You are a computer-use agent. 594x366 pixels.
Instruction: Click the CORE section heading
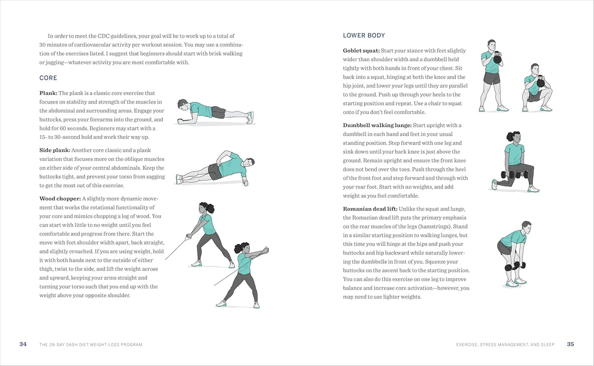(48, 78)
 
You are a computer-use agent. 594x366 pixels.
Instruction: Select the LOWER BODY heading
(364, 36)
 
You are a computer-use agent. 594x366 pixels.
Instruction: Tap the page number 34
(23, 344)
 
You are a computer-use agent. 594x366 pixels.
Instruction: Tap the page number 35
(570, 344)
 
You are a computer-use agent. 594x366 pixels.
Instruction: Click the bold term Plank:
(48, 93)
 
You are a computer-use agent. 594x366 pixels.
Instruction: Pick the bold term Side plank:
(55, 150)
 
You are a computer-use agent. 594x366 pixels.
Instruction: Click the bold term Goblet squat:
(361, 51)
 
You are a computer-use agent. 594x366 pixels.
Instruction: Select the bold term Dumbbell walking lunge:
(377, 125)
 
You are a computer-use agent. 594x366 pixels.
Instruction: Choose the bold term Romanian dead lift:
(370, 209)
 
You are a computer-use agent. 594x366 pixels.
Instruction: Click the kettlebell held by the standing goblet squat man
(497, 58)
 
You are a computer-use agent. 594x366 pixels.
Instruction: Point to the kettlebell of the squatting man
(541, 83)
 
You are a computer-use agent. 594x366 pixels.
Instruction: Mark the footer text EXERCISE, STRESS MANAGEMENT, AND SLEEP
(505, 345)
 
